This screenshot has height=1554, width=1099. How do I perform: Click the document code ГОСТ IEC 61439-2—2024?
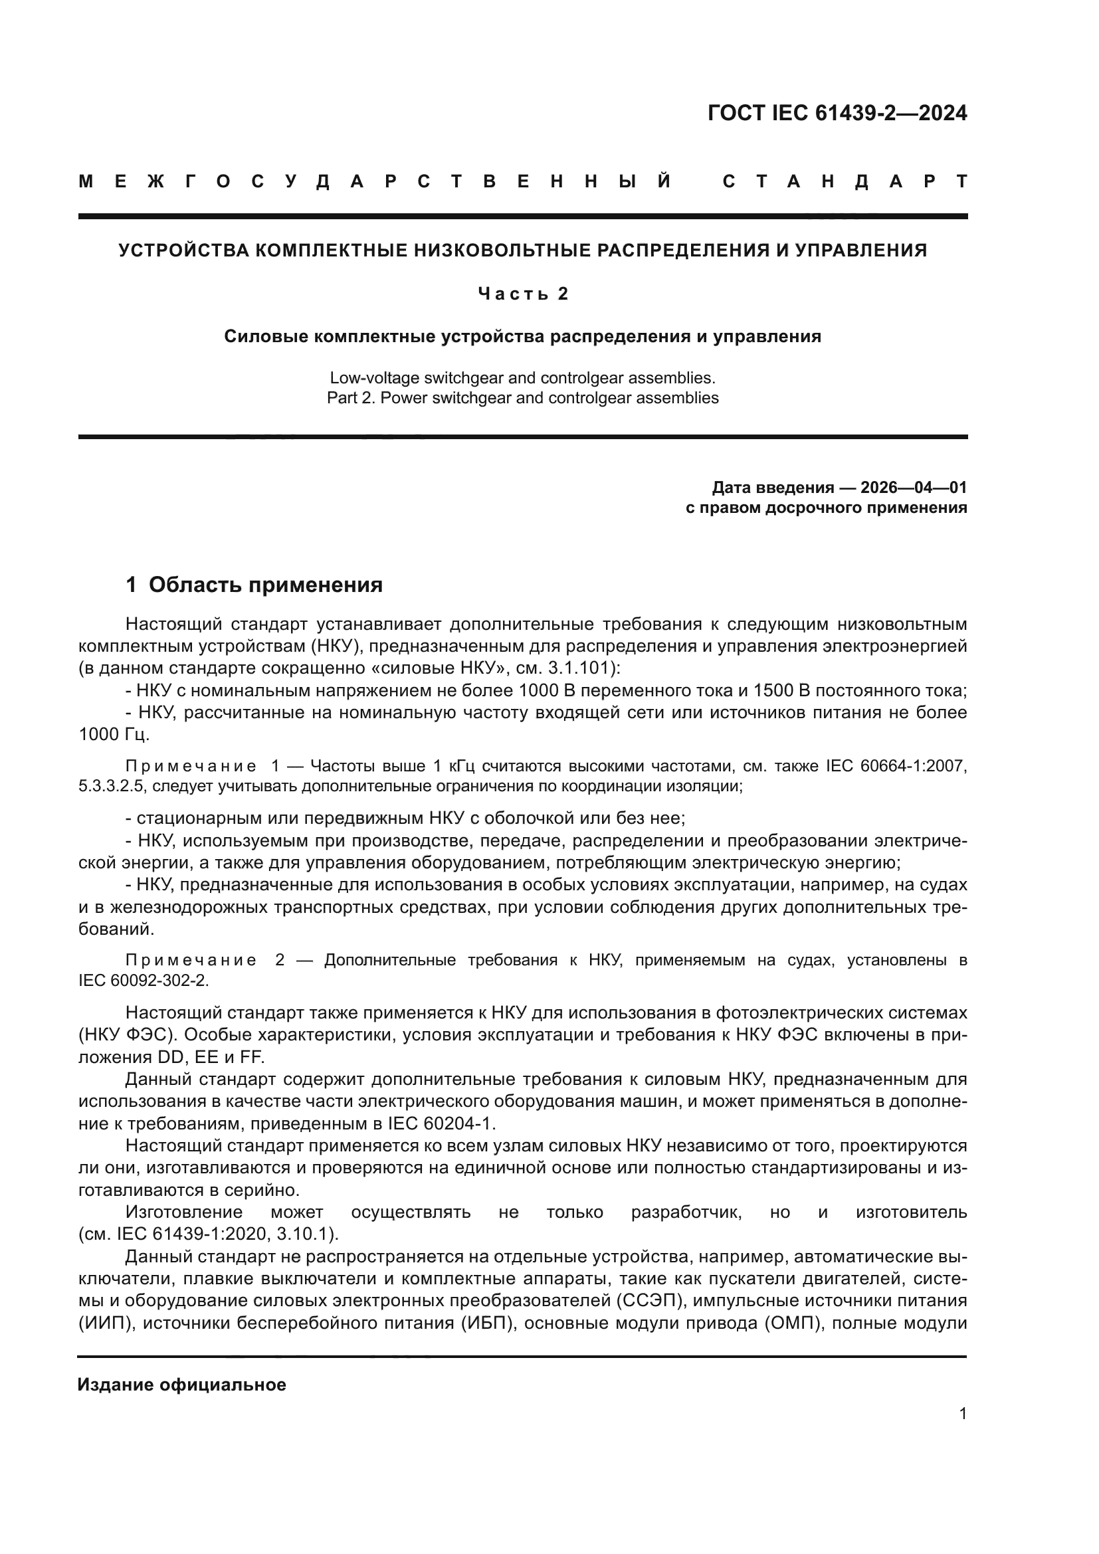[837, 112]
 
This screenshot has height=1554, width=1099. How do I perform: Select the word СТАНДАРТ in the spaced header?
[845, 181]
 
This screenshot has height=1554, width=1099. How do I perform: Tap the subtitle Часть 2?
[522, 293]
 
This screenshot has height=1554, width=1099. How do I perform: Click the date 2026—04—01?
[914, 487]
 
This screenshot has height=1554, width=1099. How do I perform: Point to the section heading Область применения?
[265, 585]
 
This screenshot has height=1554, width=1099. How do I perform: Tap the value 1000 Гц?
[114, 734]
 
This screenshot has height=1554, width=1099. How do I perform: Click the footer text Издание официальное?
[181, 1385]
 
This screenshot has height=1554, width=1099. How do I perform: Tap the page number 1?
[962, 1432]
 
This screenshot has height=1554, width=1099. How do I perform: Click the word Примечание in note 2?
[191, 960]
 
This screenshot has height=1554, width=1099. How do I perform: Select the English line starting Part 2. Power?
[522, 398]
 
